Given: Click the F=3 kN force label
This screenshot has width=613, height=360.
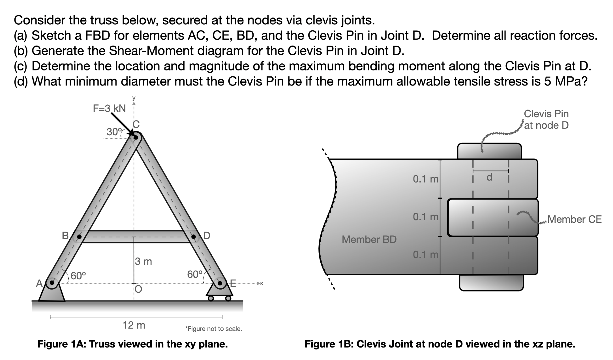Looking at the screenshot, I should (109, 108).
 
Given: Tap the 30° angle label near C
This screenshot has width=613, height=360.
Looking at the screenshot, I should (114, 132).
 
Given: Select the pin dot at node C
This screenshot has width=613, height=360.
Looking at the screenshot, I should (136, 138).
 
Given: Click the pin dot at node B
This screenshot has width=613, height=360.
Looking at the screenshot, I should (80, 236).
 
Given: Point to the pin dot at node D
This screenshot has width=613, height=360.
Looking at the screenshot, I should (194, 236).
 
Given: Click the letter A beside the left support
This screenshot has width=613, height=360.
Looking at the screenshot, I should (39, 283).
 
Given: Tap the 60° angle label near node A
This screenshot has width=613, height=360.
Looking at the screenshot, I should (78, 276).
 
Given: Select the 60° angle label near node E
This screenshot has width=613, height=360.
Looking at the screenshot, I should (195, 274).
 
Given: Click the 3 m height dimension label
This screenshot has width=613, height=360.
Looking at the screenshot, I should (143, 262).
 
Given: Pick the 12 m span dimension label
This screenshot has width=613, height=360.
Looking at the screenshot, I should (134, 325).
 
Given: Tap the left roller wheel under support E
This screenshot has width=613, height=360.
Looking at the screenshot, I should (211, 298).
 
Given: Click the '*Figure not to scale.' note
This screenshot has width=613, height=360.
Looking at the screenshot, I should (214, 329).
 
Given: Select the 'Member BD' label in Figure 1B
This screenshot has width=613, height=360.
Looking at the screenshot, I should (369, 239).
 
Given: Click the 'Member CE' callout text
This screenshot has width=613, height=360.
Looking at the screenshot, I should (575, 219).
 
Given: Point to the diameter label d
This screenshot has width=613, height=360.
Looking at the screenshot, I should (489, 177).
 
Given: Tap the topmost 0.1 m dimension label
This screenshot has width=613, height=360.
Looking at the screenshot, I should (425, 179).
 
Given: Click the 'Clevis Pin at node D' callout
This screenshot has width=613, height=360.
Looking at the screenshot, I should (546, 119).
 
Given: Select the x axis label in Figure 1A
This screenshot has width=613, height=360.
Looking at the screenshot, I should (262, 283).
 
